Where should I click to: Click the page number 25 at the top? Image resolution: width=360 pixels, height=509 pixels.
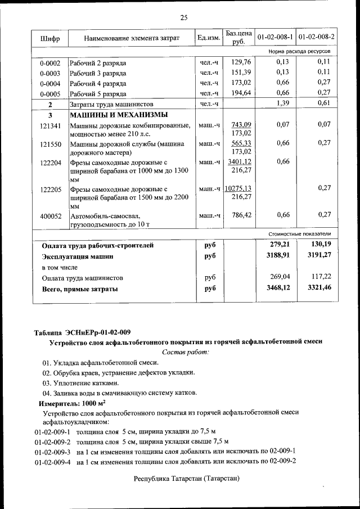click(x=183, y=17)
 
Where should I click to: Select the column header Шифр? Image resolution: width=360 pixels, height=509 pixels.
click(x=50, y=38)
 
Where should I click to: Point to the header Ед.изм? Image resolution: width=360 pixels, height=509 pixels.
click(x=209, y=38)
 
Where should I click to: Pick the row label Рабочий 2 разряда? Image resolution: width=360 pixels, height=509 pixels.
click(x=98, y=63)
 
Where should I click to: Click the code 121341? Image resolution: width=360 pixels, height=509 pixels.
click(x=50, y=125)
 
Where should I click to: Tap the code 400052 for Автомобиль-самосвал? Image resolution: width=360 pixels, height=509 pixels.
click(x=50, y=215)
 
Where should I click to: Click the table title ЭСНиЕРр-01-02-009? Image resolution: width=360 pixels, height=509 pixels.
click(x=82, y=331)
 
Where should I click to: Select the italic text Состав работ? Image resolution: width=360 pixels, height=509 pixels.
click(x=185, y=352)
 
